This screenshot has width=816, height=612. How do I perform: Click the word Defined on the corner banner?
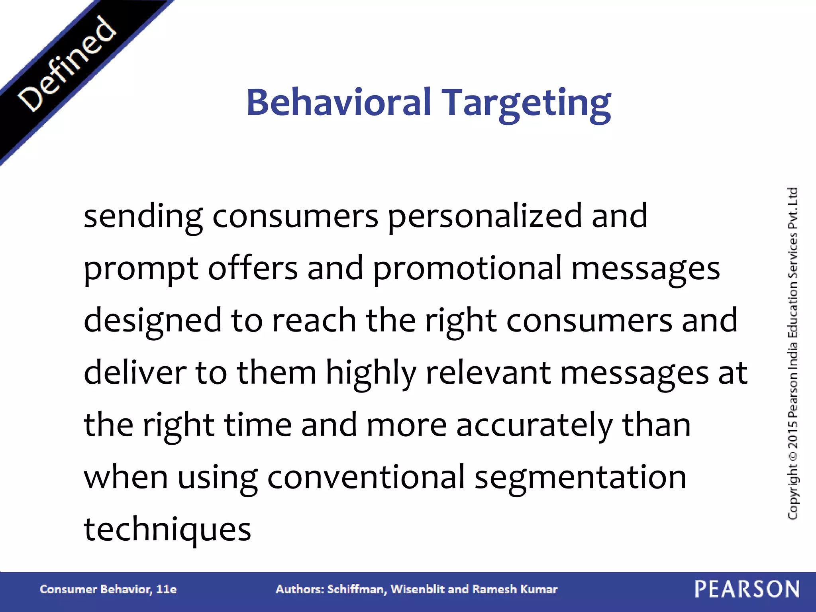[x=67, y=64]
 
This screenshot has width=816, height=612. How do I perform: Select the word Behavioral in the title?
[x=339, y=102]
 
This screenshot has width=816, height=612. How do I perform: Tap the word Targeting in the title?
[x=527, y=104]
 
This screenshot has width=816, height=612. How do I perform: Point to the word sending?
[x=143, y=217]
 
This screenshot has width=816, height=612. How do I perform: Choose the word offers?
[x=253, y=268]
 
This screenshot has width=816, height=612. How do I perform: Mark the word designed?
[x=153, y=321]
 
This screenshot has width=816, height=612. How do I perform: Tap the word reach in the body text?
[x=314, y=320]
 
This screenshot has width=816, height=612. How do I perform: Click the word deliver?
[x=135, y=373]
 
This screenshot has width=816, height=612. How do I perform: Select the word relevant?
[x=488, y=373]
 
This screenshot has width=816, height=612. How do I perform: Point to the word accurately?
[x=534, y=426]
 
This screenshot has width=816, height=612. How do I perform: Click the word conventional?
[x=366, y=477]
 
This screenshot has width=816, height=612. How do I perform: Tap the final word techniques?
[x=167, y=530]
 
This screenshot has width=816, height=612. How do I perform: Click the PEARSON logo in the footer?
[x=747, y=589]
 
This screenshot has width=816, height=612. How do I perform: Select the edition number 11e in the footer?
[x=166, y=589]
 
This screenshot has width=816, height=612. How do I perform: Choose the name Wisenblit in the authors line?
[x=418, y=589]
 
